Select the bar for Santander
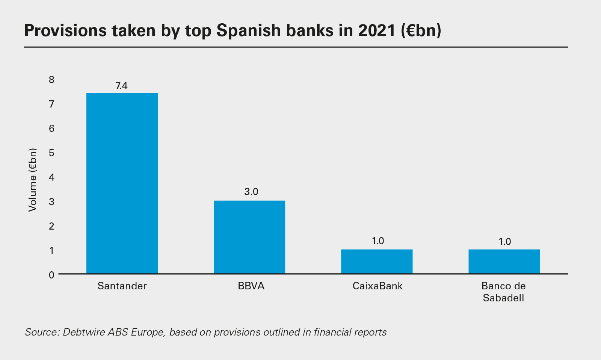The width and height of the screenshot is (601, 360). (x=122, y=183)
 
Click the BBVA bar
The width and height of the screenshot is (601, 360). (x=249, y=237)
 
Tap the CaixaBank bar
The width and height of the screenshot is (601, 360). (x=377, y=261)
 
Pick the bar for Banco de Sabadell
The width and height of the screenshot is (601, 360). (x=504, y=261)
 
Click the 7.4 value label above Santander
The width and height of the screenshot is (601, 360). (x=121, y=86)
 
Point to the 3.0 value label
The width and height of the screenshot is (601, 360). (x=251, y=192)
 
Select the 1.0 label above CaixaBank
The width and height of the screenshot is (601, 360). (x=378, y=241)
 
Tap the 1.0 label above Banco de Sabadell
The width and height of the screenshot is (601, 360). (x=505, y=242)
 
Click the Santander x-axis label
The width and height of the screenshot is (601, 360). (x=122, y=286)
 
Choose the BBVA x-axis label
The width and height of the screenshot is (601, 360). (x=251, y=286)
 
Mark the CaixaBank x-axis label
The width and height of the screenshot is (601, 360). (x=378, y=286)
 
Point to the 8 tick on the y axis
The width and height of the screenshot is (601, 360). (x=51, y=79)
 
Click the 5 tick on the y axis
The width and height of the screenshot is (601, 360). (x=51, y=153)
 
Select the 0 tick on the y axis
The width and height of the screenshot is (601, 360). (x=51, y=275)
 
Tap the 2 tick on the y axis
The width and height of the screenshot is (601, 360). (x=51, y=226)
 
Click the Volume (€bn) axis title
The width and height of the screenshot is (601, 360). (x=33, y=180)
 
